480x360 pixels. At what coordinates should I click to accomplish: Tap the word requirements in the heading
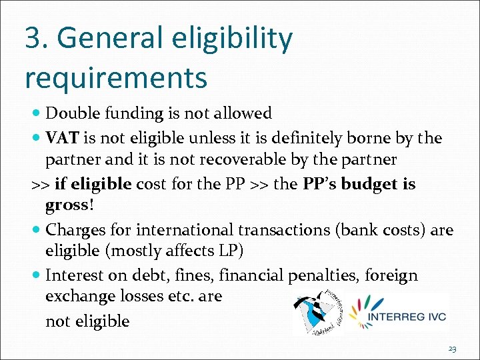coord(116,78)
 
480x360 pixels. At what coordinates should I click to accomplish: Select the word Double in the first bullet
coord(73,113)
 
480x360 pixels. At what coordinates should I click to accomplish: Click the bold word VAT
coord(62,138)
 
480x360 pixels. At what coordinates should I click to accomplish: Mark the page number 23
coord(453,349)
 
